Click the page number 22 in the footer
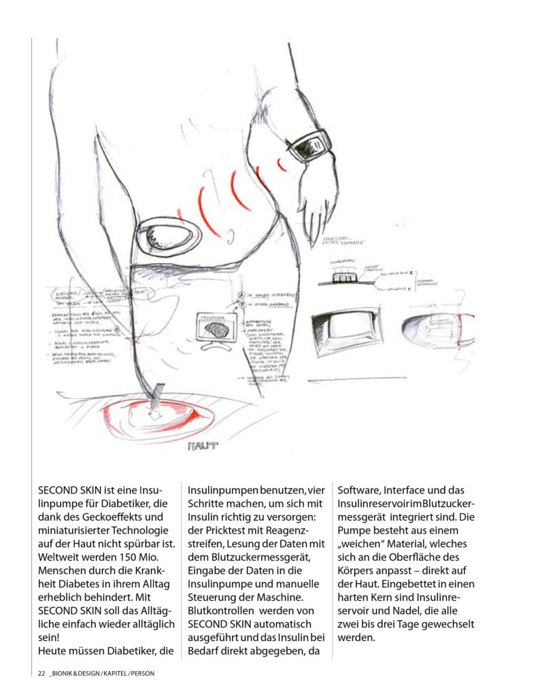point(41,674)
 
